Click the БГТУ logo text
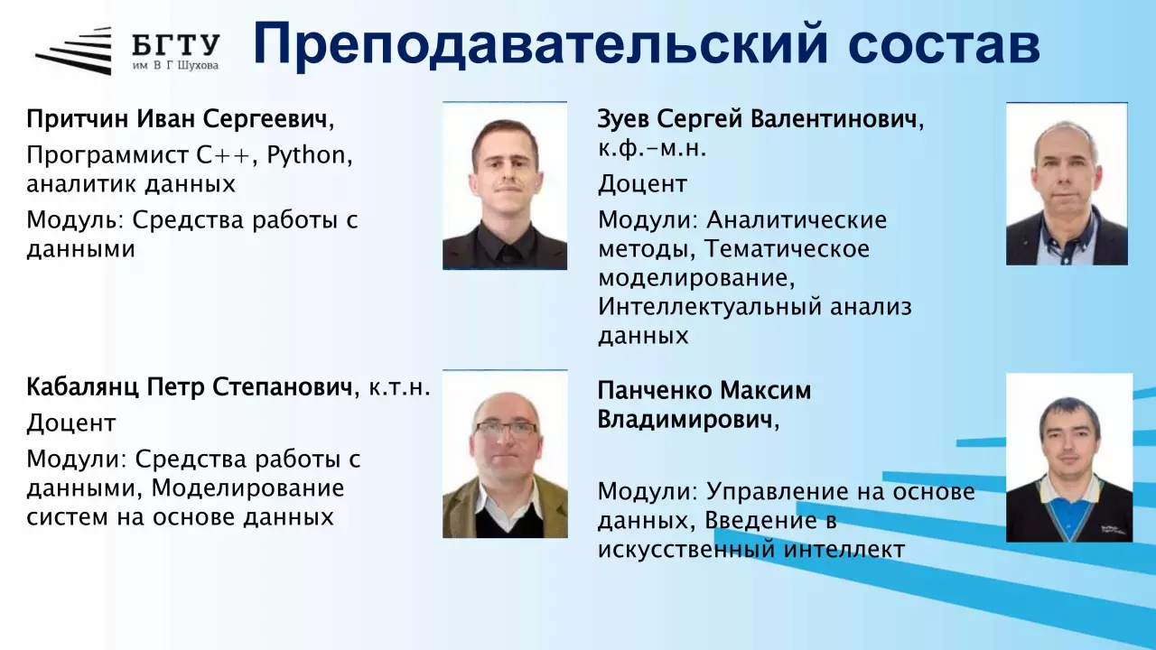[176, 45]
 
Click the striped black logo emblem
[73, 51]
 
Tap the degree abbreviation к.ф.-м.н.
[652, 149]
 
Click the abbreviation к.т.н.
[399, 387]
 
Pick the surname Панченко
[656, 391]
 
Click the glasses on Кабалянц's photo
[506, 428]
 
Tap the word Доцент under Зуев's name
[642, 184]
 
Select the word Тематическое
[787, 249]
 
